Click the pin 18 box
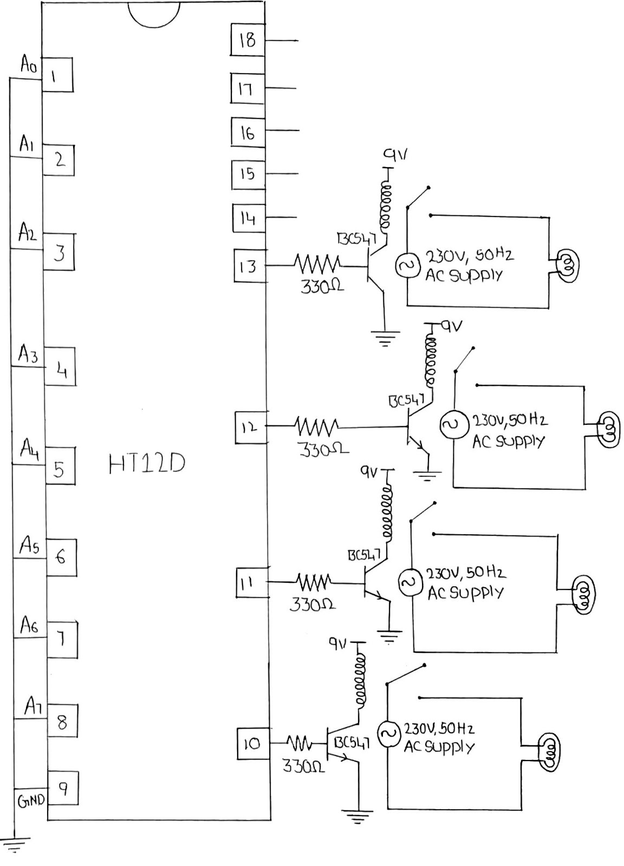[x=247, y=40]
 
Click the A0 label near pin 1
[x=28, y=65]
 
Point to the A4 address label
[x=29, y=449]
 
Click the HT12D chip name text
[x=147, y=463]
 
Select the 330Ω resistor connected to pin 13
[x=317, y=265]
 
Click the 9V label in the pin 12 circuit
[x=452, y=326]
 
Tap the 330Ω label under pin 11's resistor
[x=312, y=605]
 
